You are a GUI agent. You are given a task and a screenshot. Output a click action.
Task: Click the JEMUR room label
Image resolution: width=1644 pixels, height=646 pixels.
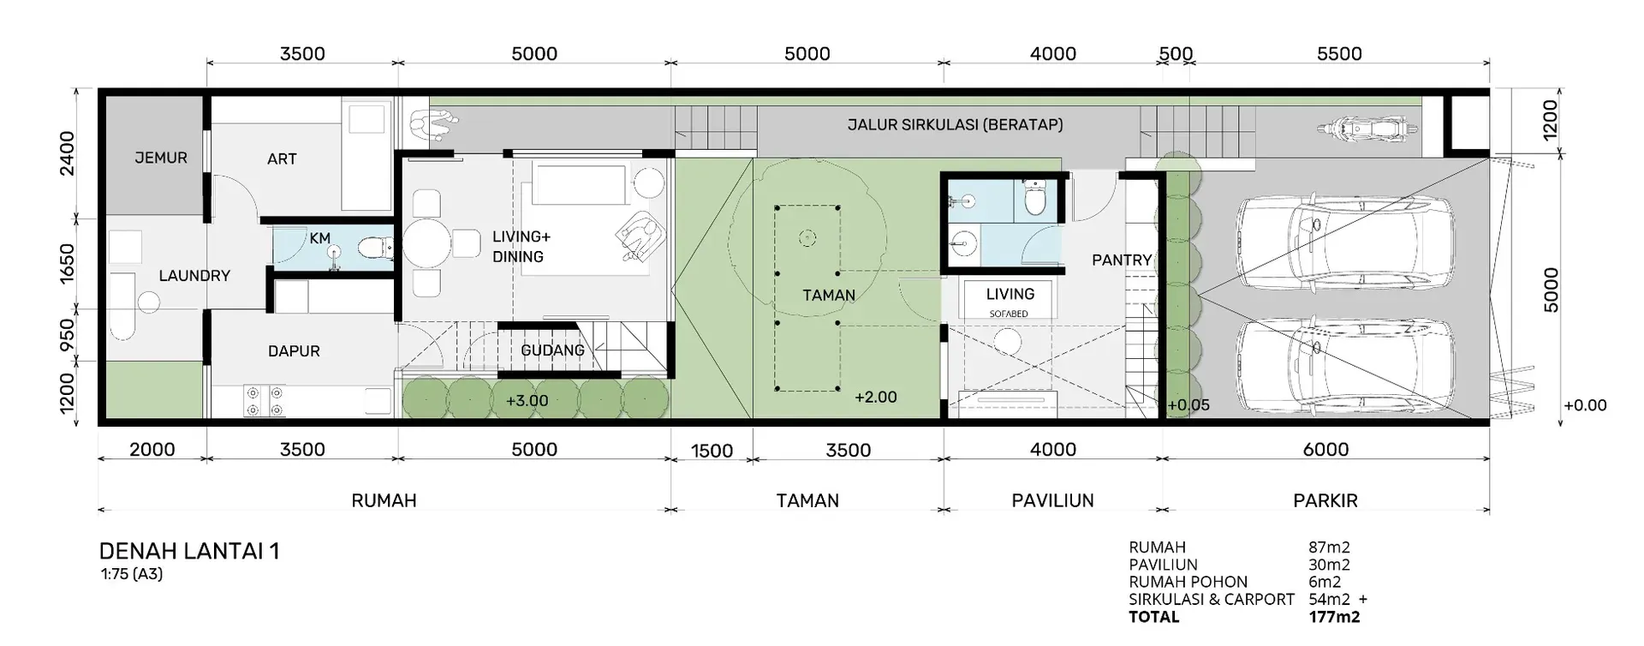pyautogui.click(x=161, y=158)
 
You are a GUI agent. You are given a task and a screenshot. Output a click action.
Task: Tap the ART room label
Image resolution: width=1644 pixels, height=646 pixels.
pyautogui.click(x=282, y=159)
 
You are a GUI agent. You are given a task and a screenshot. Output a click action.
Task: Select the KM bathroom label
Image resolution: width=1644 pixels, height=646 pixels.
pyautogui.click(x=320, y=238)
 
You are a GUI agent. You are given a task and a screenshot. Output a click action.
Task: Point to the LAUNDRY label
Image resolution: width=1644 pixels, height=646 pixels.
pyautogui.click(x=194, y=276)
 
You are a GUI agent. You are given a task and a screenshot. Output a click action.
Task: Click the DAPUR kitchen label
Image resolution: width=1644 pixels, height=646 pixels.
pyautogui.click(x=294, y=351)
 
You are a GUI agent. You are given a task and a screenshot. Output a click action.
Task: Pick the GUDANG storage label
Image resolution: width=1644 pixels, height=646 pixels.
pyautogui.click(x=553, y=350)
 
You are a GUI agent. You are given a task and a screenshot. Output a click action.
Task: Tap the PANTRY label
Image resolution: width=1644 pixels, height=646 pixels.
pyautogui.click(x=1122, y=260)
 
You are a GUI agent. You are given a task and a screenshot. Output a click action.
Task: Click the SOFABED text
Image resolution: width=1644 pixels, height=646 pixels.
pyautogui.click(x=1009, y=314)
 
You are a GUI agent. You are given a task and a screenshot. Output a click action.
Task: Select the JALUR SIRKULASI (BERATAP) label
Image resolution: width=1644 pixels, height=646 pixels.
pyautogui.click(x=956, y=124)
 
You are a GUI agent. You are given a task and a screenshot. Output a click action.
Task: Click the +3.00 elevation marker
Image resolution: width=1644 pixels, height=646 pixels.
pyautogui.click(x=527, y=401)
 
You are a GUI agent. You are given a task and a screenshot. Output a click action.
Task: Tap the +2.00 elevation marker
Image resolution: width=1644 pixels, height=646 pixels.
pyautogui.click(x=876, y=398)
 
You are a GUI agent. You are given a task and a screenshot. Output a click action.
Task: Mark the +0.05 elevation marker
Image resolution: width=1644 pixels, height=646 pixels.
pyautogui.click(x=1188, y=405)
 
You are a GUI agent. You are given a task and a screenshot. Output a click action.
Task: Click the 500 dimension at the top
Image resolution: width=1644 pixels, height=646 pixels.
pyautogui.click(x=1176, y=54)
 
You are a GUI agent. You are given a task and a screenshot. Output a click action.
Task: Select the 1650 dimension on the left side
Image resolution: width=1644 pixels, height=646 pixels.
pyautogui.click(x=68, y=262)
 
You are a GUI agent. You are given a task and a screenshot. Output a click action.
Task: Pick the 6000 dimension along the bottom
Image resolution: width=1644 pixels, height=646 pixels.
pyautogui.click(x=1325, y=450)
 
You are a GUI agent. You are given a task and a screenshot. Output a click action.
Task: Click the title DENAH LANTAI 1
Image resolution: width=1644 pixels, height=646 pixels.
pyautogui.click(x=189, y=551)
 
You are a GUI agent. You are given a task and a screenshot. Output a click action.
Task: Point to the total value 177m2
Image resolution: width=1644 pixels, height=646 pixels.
pyautogui.click(x=1334, y=617)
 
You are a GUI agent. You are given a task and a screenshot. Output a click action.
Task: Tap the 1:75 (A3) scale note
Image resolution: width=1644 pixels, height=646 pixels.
pyautogui.click(x=131, y=574)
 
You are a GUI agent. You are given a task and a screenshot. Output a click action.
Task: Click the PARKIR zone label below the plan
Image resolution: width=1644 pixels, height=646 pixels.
pyautogui.click(x=1325, y=500)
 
